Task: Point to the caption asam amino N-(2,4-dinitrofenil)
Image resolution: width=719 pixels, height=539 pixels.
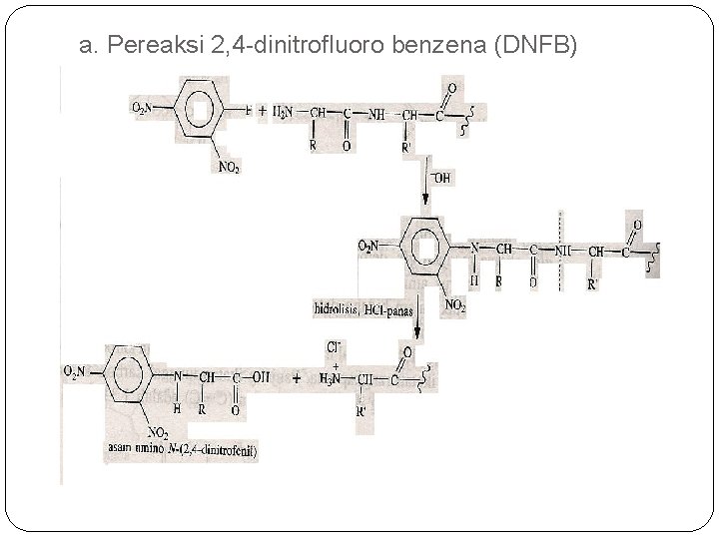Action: coord(179,451)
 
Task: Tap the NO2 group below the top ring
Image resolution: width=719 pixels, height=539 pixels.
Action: coord(230,167)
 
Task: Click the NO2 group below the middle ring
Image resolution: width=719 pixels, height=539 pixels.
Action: coord(455,303)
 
